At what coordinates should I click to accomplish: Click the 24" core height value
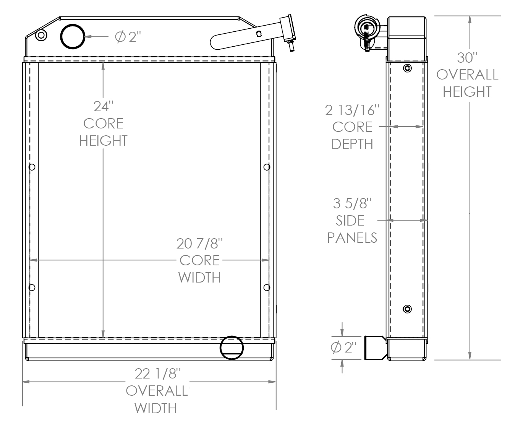point(103,107)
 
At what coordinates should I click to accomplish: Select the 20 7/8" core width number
point(199,244)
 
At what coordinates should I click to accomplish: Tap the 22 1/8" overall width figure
point(157,374)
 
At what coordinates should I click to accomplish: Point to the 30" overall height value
point(467,58)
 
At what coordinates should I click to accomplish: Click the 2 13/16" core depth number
point(352,110)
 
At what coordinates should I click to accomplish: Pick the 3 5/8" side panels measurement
point(352,203)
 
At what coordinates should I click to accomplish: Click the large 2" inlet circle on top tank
point(73,37)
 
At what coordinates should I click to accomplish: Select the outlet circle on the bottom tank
point(232,348)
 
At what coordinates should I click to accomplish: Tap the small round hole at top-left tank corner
point(41,35)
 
